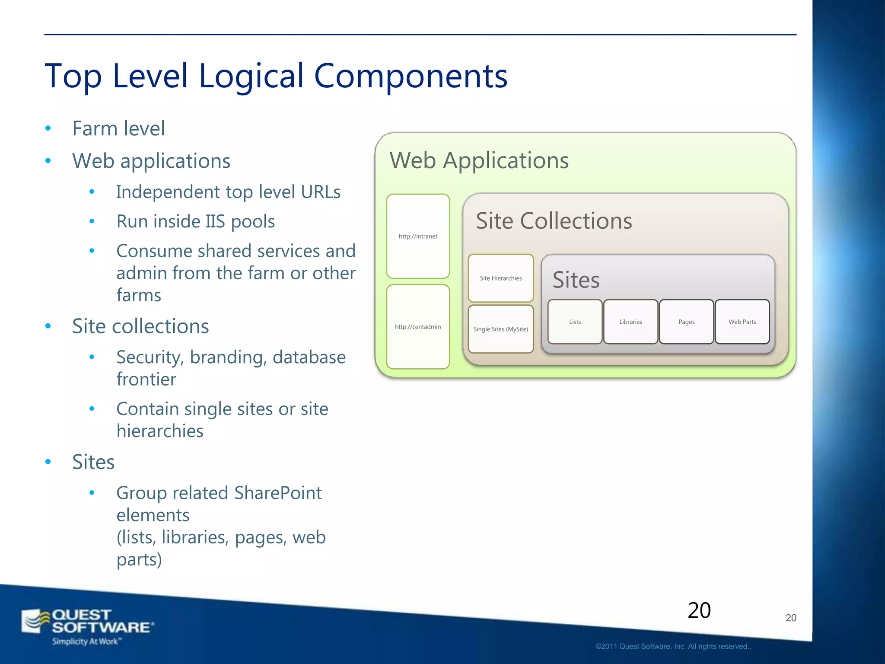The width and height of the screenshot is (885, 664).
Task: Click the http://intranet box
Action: coord(418,236)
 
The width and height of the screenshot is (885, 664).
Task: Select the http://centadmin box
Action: coord(418,327)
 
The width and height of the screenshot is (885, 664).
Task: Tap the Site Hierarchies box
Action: coord(500,278)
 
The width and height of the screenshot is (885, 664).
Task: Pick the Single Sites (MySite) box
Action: coord(500,329)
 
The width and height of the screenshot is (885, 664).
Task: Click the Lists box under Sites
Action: coord(575,322)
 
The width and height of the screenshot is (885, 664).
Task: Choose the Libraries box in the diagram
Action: coord(630,322)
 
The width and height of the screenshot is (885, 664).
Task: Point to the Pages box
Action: coord(686,322)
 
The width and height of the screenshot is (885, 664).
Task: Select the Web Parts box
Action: coord(742,322)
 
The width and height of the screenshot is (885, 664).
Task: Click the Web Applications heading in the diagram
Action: coord(479,160)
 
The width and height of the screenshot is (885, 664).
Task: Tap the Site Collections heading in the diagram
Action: coord(554,221)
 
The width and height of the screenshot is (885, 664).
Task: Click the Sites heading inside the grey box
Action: coord(576,280)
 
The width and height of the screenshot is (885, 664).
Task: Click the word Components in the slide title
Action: coord(410,76)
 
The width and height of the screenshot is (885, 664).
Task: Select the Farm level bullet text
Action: coord(118,128)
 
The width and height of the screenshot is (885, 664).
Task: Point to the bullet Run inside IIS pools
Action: coord(195,221)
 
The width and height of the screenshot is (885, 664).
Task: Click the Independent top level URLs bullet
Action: coord(228,192)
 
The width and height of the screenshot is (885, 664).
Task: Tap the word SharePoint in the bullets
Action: coord(277,493)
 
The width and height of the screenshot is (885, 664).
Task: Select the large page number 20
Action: coord(699,610)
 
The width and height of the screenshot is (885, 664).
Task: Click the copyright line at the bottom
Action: coord(673,646)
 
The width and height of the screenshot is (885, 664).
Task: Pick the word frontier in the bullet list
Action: coord(146,379)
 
